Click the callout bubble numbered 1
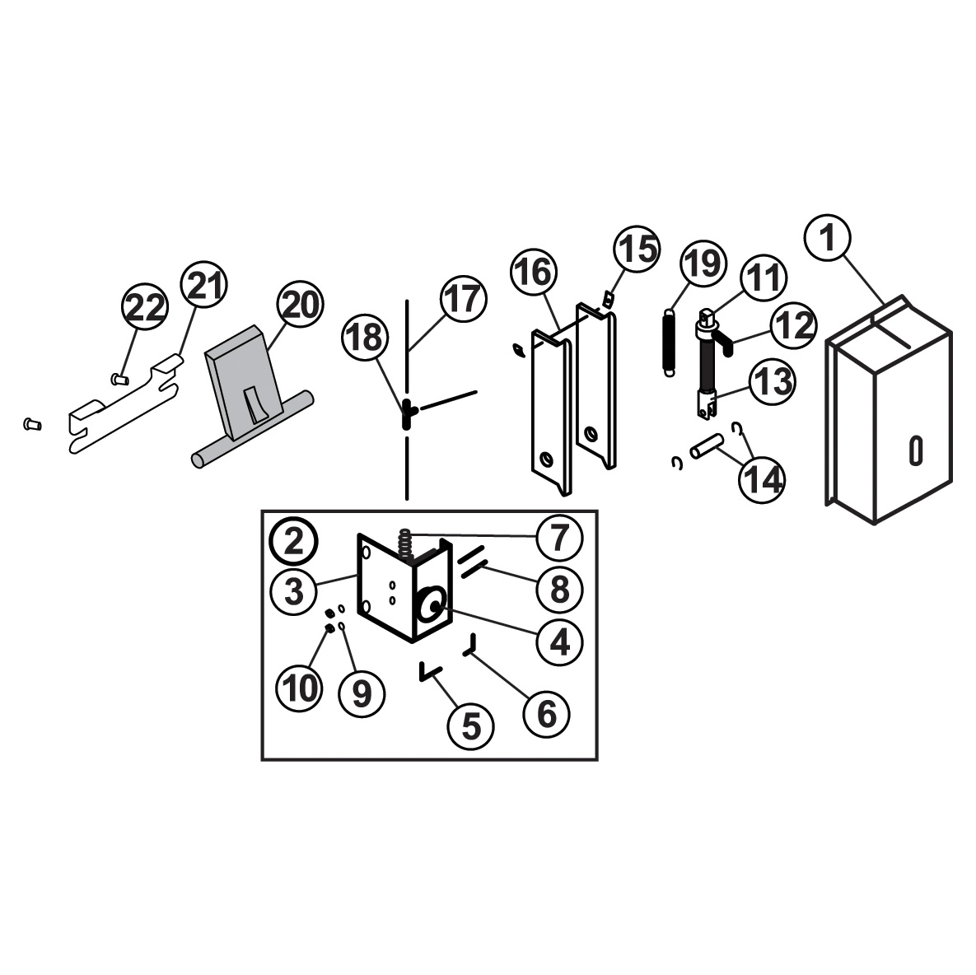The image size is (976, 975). coord(827,237)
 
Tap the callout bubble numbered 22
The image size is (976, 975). coord(145,307)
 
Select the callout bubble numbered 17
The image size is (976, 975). coord(464,299)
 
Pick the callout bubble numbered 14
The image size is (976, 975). coord(762,480)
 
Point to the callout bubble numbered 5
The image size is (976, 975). coord(471,726)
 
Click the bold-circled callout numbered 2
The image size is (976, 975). coord(294,542)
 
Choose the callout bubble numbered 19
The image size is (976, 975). coord(704,264)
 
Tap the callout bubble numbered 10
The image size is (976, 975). coord(300,688)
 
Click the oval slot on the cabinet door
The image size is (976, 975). coord(916,450)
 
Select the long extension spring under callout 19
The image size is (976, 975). coord(669,343)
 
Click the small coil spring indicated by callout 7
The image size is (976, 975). coord(406,543)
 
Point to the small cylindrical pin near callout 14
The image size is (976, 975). coord(707,446)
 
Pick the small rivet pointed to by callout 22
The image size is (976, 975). coord(119,377)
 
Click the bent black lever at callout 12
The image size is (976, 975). coord(724,343)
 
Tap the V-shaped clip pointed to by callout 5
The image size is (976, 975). coord(430,673)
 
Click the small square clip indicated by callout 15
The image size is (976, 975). coord(608,300)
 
